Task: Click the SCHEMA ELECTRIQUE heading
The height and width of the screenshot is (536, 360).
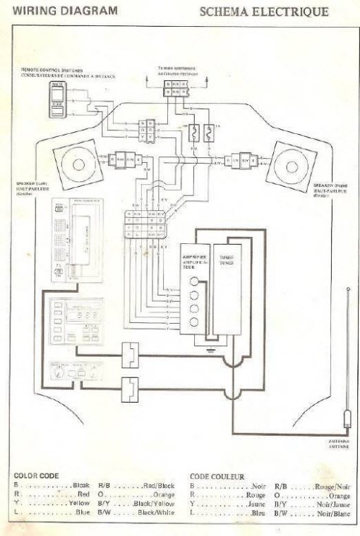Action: (263, 12)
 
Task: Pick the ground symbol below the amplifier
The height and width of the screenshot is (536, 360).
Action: (210, 350)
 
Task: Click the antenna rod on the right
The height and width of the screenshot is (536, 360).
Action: (347, 353)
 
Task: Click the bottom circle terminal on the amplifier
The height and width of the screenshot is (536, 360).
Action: (194, 322)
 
